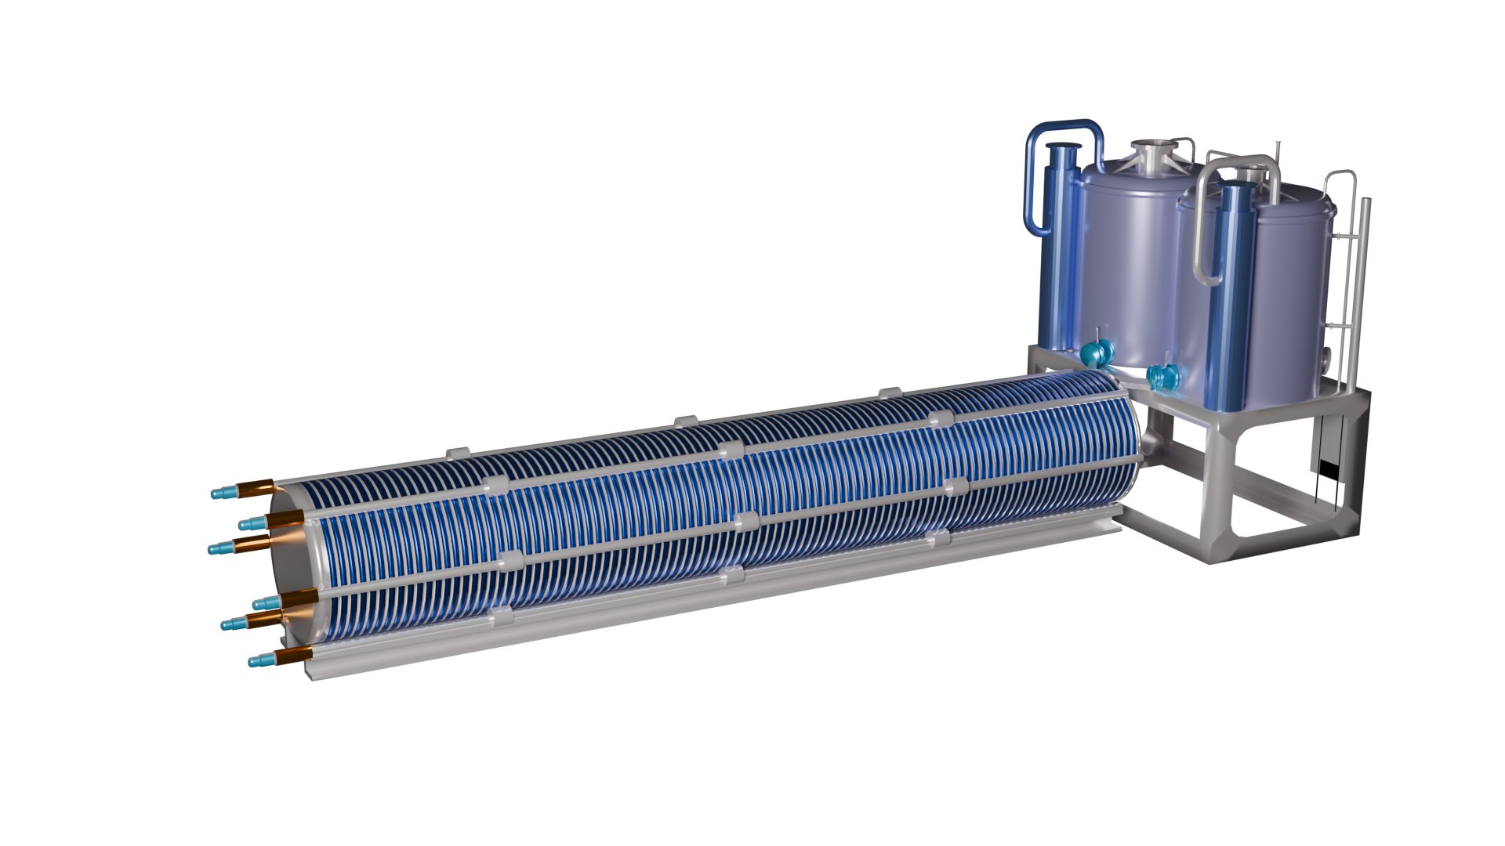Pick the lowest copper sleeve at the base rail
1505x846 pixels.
tap(296, 654)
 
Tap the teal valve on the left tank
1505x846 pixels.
tap(1094, 354)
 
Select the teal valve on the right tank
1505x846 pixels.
tap(1162, 378)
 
